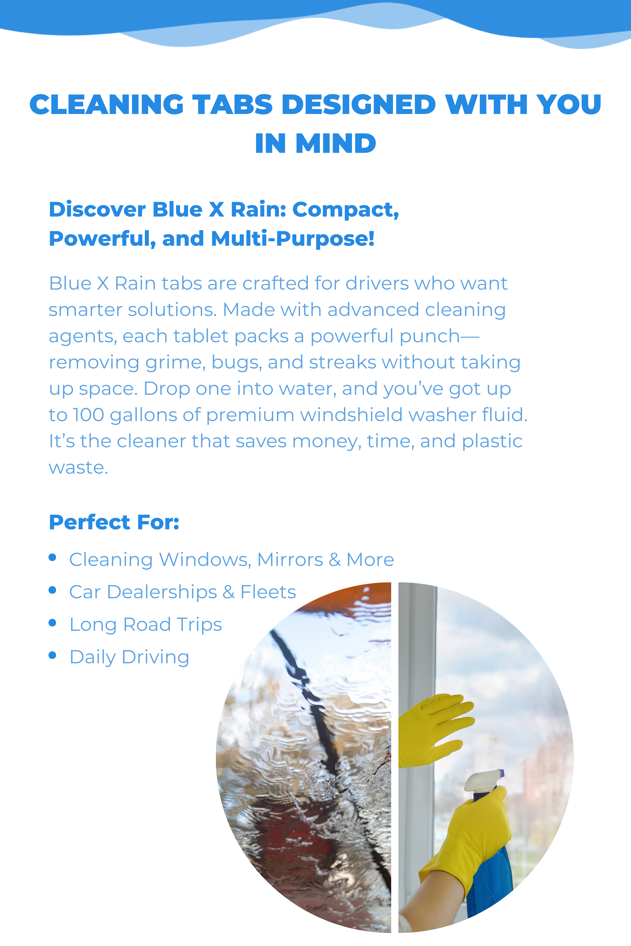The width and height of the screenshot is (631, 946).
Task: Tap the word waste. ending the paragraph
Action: point(79,468)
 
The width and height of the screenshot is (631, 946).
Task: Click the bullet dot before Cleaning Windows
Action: point(52,557)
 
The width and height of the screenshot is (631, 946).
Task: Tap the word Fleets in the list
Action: point(268,592)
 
